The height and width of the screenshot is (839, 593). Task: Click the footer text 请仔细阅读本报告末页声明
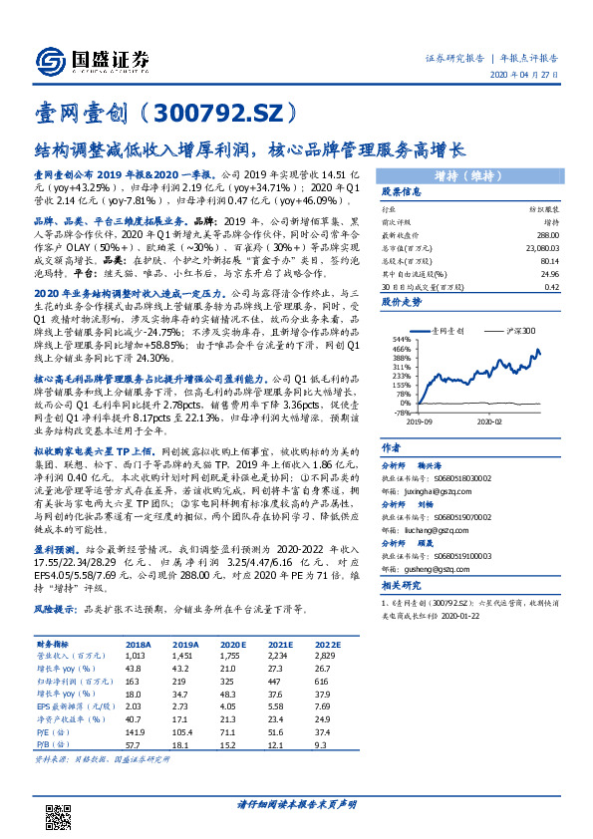click(x=296, y=804)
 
